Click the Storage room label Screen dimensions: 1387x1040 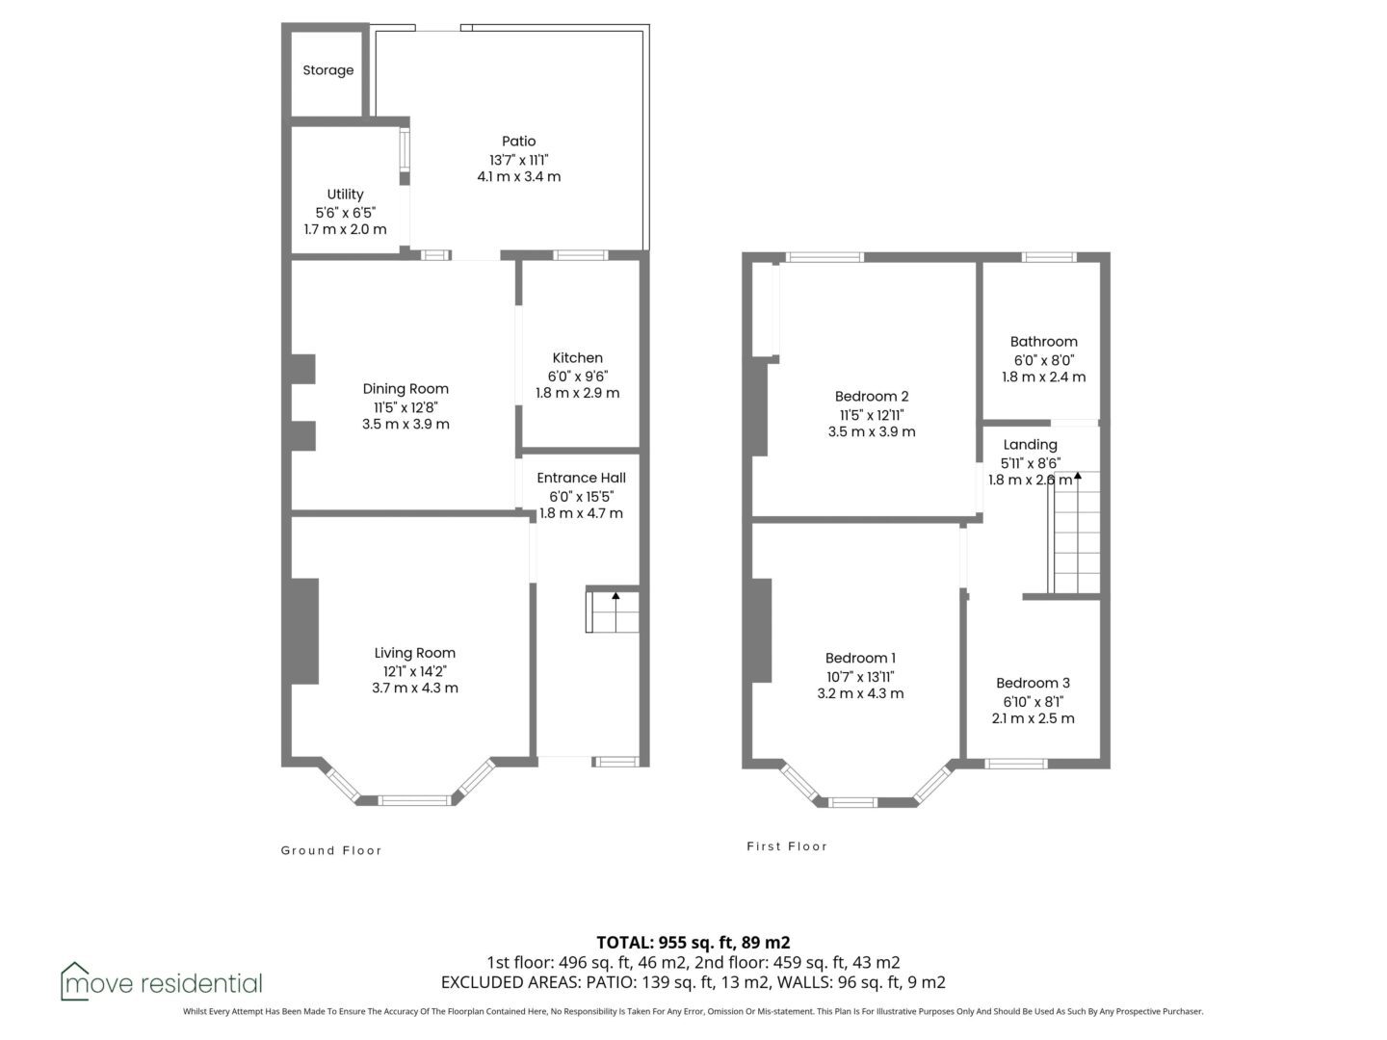327,70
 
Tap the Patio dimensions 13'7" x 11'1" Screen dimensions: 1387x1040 519,160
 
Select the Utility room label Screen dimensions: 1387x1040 345,195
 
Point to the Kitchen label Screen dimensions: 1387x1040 578,357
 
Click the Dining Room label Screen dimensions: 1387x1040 406,389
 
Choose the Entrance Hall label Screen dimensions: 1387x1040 582,478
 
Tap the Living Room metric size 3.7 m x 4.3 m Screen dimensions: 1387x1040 415,688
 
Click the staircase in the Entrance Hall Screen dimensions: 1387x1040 613,611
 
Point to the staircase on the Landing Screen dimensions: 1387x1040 1074,533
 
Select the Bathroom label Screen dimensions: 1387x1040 1044,342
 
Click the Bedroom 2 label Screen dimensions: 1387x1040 872,397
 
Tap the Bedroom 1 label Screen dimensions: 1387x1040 861,658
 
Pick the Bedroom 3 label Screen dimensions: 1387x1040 1034,683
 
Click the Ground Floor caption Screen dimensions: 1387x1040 331,850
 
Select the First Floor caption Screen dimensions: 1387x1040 787,846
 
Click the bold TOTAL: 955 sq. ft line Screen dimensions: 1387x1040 693,943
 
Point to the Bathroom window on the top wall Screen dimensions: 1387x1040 1049,257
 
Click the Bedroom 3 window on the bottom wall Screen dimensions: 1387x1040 1016,764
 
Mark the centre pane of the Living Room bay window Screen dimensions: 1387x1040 414,800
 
